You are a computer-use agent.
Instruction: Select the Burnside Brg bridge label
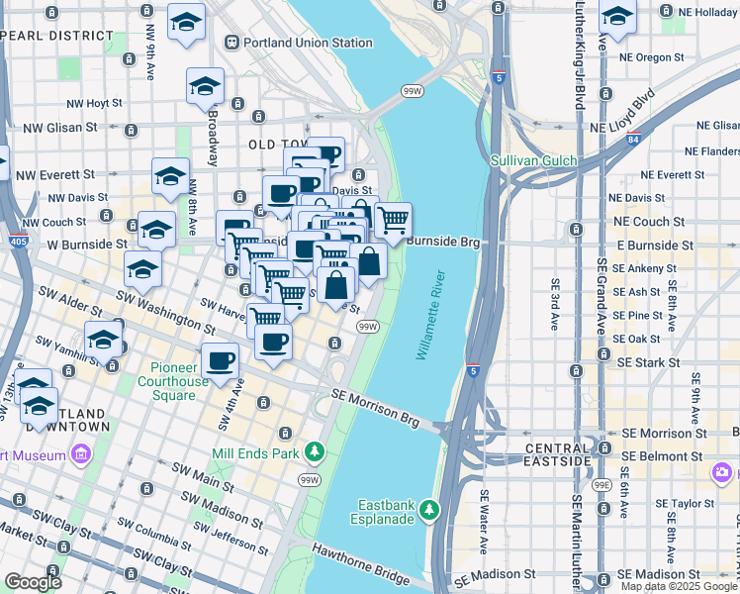click(x=442, y=241)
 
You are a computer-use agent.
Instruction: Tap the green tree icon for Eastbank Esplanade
click(x=428, y=510)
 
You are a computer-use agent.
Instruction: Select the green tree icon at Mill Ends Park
click(x=315, y=452)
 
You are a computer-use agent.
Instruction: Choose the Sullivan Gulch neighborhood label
click(x=533, y=159)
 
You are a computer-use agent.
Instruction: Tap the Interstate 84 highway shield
click(x=632, y=139)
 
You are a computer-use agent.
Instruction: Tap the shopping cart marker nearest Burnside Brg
click(x=393, y=220)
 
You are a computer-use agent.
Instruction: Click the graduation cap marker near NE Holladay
click(x=617, y=18)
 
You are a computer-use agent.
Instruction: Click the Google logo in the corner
click(x=34, y=582)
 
